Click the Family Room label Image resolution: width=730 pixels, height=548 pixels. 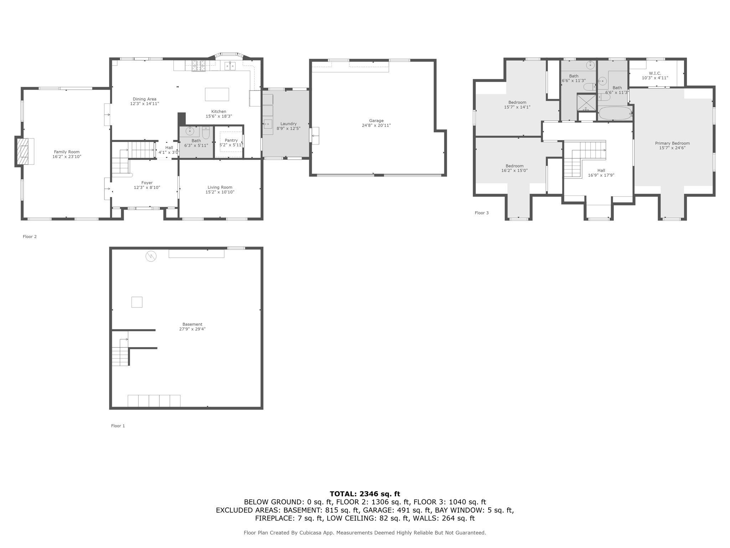pos(67,152)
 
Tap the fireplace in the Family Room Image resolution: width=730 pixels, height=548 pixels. pos(24,151)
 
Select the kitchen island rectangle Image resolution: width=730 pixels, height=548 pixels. pos(217,94)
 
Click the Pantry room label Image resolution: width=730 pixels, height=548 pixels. pos(231,141)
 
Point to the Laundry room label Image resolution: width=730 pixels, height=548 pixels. pos(288,124)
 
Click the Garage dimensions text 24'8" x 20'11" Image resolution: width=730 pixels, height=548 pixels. pos(376,126)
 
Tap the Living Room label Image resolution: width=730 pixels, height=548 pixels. pos(220,187)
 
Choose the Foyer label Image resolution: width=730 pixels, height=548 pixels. pos(147,183)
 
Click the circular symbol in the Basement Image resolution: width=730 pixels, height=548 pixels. pos(151,256)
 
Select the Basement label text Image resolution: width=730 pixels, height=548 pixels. pos(192,324)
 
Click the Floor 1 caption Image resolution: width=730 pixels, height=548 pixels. pos(118,426)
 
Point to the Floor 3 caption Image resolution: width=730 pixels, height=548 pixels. pos(482,213)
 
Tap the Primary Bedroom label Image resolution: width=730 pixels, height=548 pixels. pos(672,143)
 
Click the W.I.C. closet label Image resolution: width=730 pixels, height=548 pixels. pos(655,73)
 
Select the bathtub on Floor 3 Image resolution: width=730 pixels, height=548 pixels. pos(615,113)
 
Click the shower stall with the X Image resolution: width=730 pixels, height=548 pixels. pos(586,102)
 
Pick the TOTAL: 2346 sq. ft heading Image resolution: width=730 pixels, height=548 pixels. pos(365,494)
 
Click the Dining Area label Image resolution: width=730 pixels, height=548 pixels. pos(144,99)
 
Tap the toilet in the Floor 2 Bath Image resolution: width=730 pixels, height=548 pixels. pos(206,133)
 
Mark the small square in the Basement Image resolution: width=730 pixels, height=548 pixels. pos(137,302)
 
